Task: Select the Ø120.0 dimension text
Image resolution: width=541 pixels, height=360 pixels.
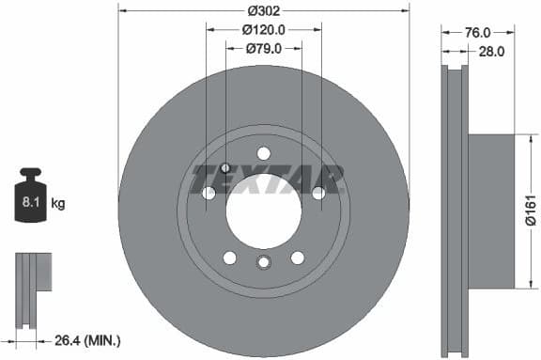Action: [x=264, y=30]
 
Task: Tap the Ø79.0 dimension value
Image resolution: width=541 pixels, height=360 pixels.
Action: [x=264, y=49]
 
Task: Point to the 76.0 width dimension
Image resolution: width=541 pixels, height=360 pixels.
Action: [x=479, y=34]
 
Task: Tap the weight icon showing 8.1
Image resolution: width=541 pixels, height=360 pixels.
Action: [x=31, y=199]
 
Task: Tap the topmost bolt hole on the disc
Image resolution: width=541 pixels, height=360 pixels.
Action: [x=264, y=153]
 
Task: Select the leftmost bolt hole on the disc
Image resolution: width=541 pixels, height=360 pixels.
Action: [x=209, y=193]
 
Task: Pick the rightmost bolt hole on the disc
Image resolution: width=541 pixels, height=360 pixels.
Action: [x=318, y=193]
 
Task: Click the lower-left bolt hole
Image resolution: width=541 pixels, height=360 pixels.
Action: [x=229, y=258]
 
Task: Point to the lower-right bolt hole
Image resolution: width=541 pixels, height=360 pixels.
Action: [x=298, y=258]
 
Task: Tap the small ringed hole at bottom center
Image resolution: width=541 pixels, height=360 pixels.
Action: [x=264, y=263]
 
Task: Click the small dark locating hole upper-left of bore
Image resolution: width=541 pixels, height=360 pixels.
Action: [x=225, y=167]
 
